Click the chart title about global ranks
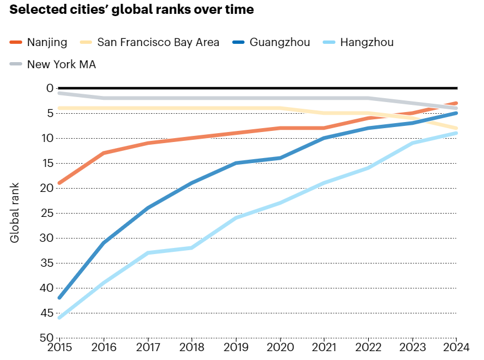(132, 10)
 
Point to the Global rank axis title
(15, 212)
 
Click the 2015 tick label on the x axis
(59, 348)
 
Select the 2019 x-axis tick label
(236, 348)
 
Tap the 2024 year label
(456, 348)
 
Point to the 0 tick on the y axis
(49, 88)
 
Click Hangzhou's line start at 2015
(59, 317)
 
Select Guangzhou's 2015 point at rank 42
(59, 297)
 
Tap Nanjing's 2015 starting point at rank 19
(59, 183)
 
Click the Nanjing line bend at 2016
(104, 153)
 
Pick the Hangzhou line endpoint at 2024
(456, 133)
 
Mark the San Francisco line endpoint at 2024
(456, 128)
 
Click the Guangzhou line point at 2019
(236, 163)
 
